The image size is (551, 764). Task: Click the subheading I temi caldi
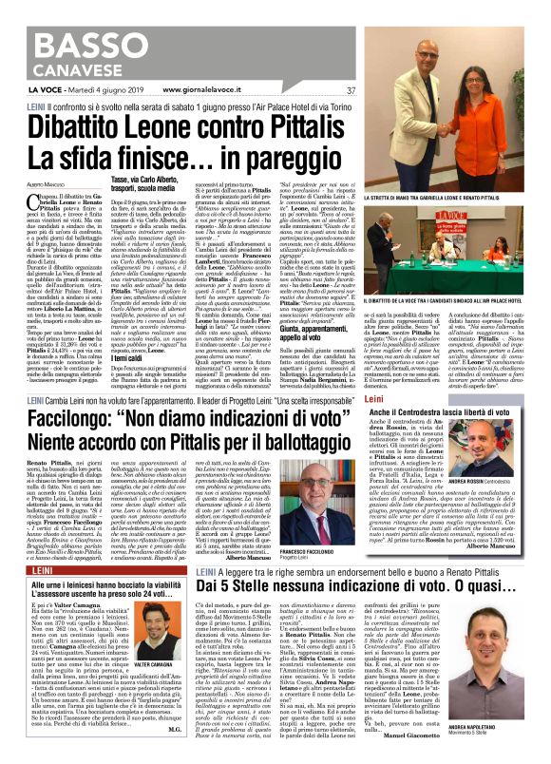tap(129, 285)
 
